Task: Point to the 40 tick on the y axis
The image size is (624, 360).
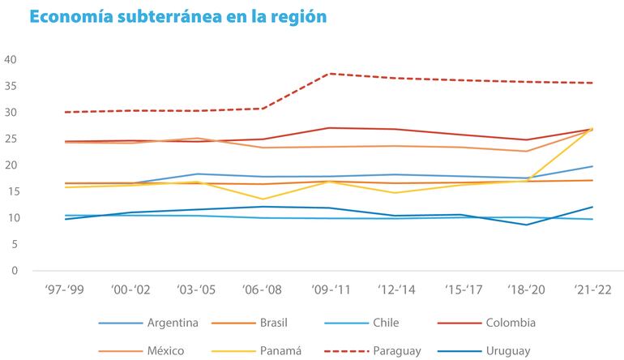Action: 11,60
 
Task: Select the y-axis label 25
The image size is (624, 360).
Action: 11,139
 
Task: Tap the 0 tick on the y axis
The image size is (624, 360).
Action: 15,271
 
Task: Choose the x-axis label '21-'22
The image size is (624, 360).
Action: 592,291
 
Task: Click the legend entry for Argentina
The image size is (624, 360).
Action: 172,323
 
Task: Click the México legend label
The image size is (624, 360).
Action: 165,350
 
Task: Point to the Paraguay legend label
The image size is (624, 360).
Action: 399,350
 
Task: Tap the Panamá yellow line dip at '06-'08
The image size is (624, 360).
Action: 262,199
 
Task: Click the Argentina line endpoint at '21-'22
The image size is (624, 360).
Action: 592,166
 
